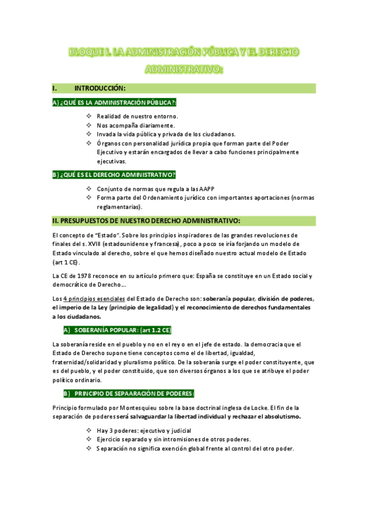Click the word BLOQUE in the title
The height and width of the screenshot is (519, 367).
(x=86, y=52)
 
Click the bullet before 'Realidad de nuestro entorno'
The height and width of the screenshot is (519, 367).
(x=89, y=116)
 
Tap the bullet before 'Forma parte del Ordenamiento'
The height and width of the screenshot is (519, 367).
(x=89, y=198)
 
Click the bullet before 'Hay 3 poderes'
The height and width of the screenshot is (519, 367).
(x=89, y=430)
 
